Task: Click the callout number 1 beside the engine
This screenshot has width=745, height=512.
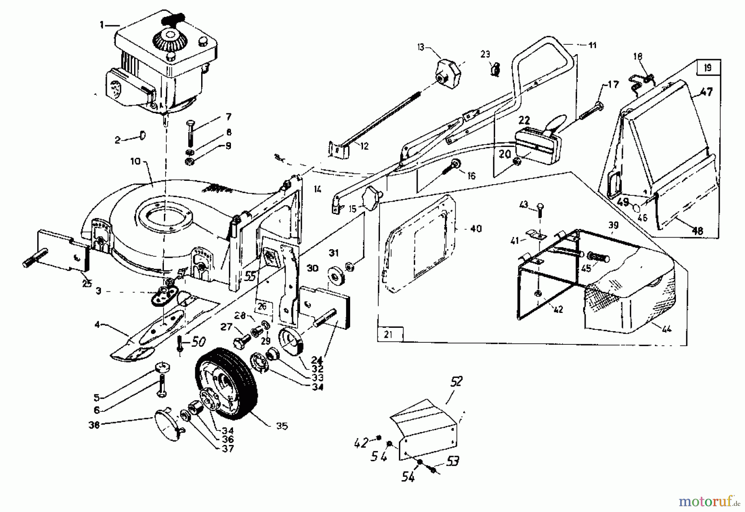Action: click(x=101, y=25)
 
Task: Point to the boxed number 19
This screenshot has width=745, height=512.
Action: click(x=707, y=67)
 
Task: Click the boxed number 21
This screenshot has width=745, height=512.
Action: click(x=387, y=334)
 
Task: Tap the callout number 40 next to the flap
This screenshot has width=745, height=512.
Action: click(x=476, y=228)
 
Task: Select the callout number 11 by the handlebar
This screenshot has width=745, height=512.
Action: click(x=592, y=45)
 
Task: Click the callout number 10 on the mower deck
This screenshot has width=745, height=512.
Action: click(x=136, y=161)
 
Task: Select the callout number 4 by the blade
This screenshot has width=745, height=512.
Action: click(x=97, y=325)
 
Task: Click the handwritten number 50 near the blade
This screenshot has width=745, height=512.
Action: click(x=198, y=342)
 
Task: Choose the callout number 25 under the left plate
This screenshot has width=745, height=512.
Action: click(x=87, y=284)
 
